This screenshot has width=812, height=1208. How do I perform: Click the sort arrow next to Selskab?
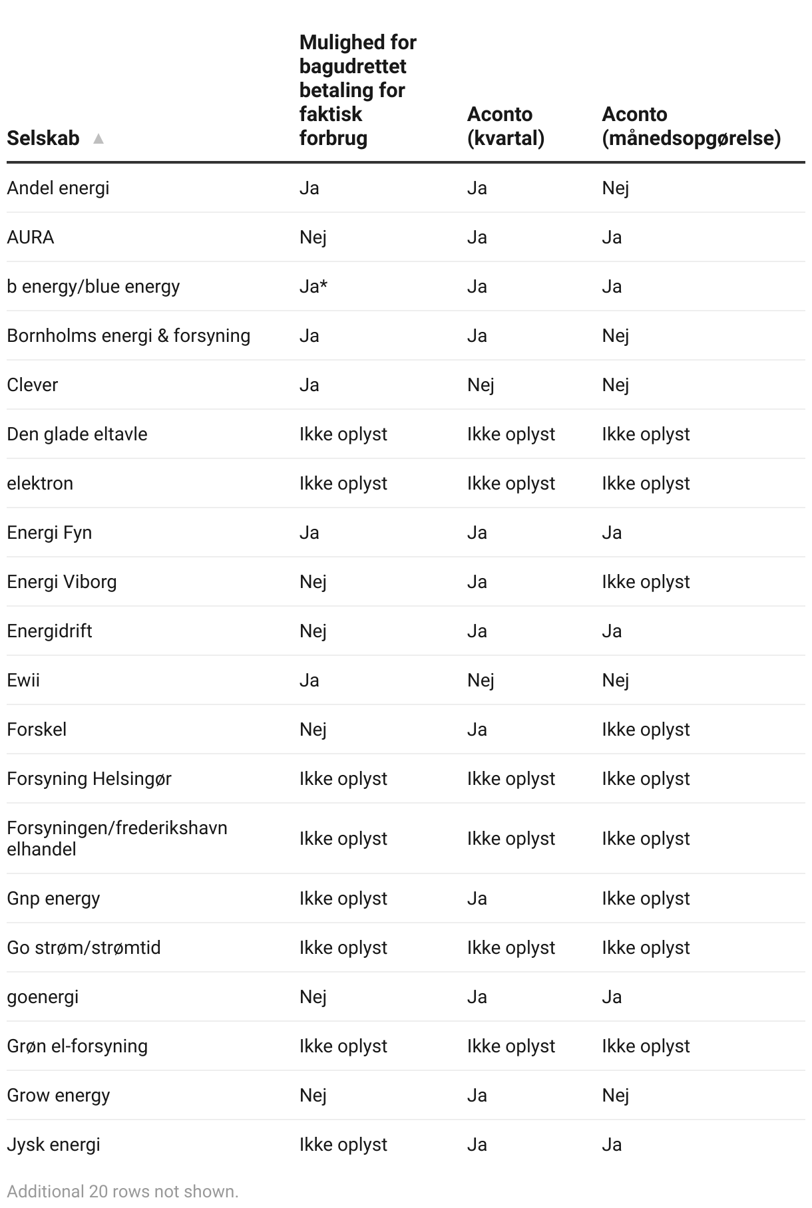click(x=99, y=139)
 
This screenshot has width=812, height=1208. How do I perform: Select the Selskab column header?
click(x=43, y=138)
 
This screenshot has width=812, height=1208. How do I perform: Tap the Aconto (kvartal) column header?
click(x=505, y=126)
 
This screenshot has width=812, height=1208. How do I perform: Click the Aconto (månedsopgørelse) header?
click(x=691, y=126)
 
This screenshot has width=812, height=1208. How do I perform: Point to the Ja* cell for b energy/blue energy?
click(x=313, y=287)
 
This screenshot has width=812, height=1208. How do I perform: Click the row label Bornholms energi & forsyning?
click(x=128, y=336)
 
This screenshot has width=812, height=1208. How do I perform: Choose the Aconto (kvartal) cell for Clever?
click(x=481, y=385)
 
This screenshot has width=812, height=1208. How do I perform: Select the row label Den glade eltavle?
click(x=77, y=434)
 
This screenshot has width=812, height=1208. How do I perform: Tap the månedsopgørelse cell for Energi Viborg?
click(x=646, y=582)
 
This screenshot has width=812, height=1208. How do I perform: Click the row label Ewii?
click(x=23, y=680)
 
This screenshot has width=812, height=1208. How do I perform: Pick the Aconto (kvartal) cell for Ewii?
click(x=481, y=680)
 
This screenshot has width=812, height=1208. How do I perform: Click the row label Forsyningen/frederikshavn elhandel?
click(x=117, y=838)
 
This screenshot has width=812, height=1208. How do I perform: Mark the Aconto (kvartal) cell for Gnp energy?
click(x=477, y=899)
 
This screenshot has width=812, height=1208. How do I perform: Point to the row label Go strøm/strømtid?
click(x=84, y=948)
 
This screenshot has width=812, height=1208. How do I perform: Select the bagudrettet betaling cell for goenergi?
click(x=313, y=997)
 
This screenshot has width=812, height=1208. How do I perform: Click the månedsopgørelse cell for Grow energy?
click(x=615, y=1096)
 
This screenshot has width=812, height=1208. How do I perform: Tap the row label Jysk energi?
click(x=53, y=1145)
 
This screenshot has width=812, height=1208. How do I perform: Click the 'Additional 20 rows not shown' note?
click(x=122, y=1191)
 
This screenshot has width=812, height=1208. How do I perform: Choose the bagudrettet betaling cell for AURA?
click(x=313, y=237)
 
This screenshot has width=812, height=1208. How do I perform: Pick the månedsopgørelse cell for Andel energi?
click(x=615, y=188)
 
